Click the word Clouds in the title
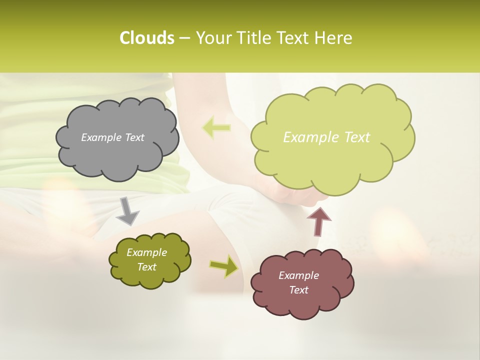tap(146, 38)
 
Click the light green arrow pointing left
tap(216, 127)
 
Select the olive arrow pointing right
tap(223, 266)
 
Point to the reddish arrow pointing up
tap(318, 221)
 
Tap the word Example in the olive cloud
tap(146, 252)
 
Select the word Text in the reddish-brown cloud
tap(298, 290)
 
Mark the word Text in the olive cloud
tap(146, 267)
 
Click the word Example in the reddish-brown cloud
tap(298, 275)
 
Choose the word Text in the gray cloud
tap(134, 137)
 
